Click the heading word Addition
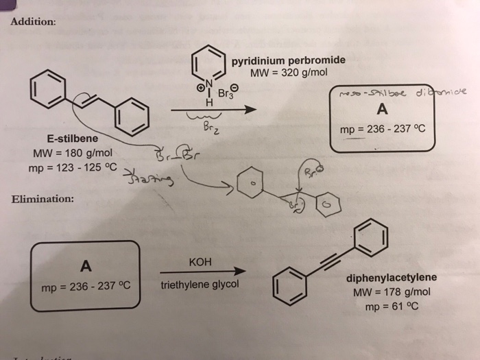34,21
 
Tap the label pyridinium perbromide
288,60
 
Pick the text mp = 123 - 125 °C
73,167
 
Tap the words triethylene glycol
200,284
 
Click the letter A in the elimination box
86,265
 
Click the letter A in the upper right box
381,109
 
